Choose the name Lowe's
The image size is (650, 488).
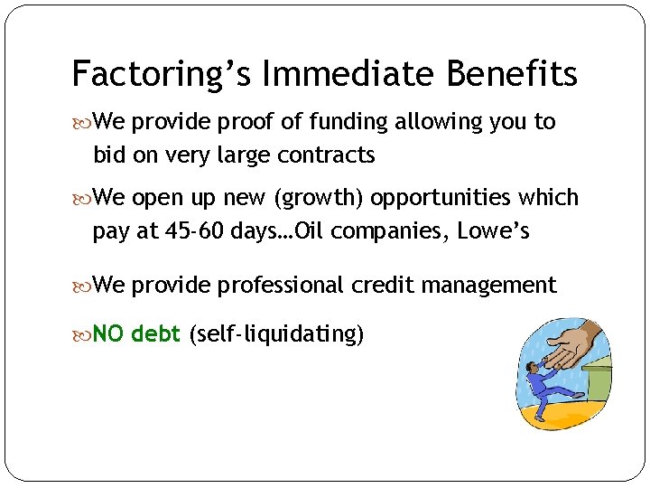493,232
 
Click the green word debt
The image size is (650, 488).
155,334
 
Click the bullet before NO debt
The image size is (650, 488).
83,335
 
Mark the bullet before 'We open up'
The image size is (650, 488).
83,198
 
